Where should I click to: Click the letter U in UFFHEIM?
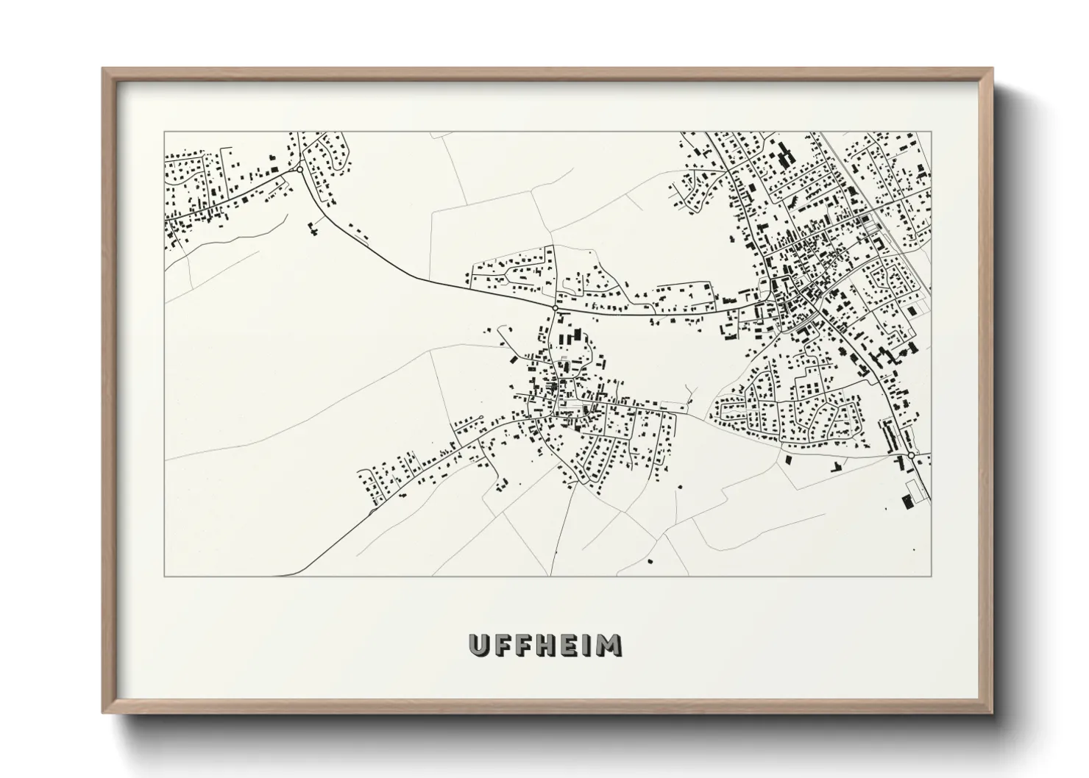480,645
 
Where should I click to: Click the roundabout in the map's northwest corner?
299,170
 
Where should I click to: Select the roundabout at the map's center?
554,307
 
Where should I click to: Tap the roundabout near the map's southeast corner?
911,457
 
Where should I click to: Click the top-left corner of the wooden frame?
104,69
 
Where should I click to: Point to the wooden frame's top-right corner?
992,69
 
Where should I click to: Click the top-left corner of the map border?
165,132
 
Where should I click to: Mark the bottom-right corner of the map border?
931,576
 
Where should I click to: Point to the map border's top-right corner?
931,132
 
